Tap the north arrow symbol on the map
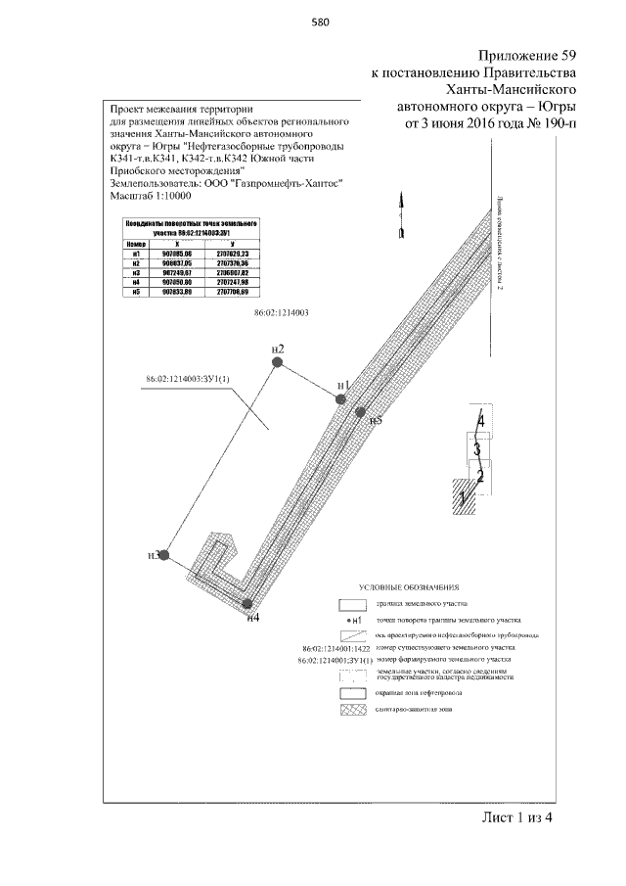[400, 216]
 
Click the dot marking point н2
[278, 362]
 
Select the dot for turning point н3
[165, 555]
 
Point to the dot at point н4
[247, 605]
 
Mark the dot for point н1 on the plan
[340, 398]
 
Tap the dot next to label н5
[360, 413]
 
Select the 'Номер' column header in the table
[136, 243]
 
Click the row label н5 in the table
[136, 292]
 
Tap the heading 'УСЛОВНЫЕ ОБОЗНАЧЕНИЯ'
[410, 585]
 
